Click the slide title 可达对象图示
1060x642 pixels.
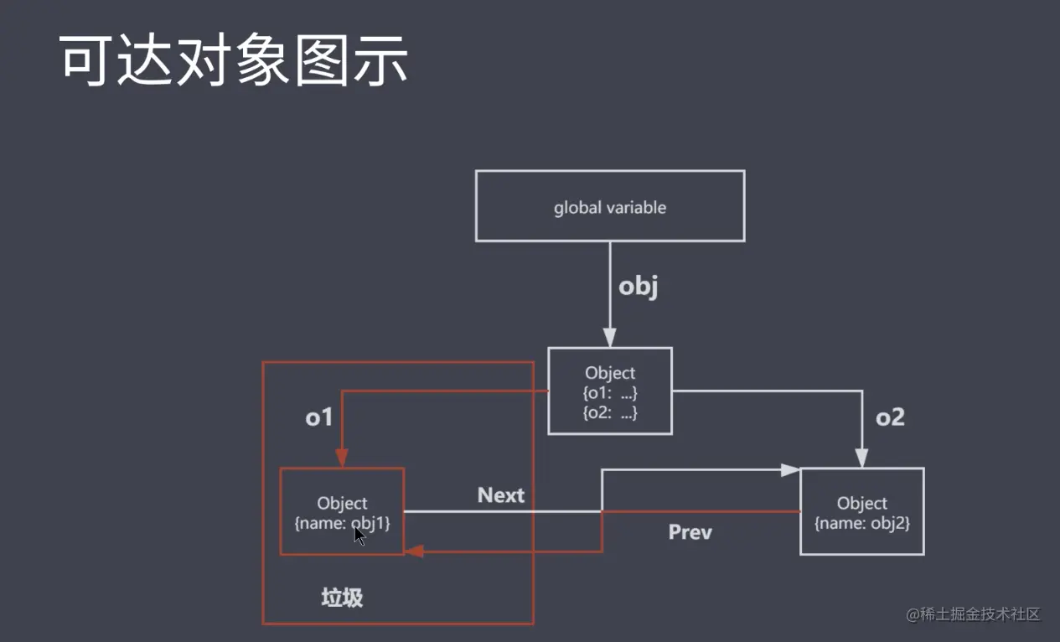click(235, 61)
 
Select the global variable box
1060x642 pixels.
click(609, 207)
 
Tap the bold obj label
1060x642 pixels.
click(639, 287)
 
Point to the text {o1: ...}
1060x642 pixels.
click(610, 392)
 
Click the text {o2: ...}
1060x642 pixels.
click(610, 412)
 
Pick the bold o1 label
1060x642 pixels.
click(319, 417)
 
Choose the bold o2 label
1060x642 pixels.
click(890, 417)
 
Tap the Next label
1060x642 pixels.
click(501, 495)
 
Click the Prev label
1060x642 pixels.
click(690, 532)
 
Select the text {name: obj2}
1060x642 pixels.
click(862, 523)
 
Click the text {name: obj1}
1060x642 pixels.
click(342, 523)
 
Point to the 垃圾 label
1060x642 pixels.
click(342, 598)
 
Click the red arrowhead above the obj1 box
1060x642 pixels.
click(342, 458)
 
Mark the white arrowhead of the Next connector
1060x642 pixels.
click(790, 471)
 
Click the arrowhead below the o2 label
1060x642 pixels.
click(861, 458)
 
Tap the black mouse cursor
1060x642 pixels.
click(359, 536)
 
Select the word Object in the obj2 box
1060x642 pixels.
click(861, 503)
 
